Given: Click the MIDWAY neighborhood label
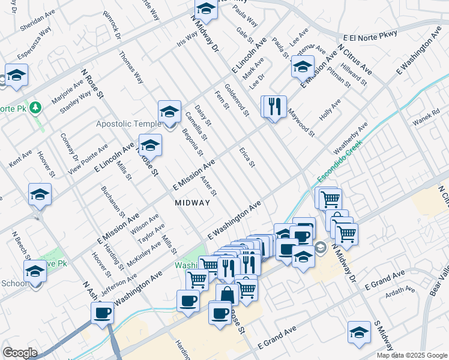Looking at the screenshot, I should (192, 203).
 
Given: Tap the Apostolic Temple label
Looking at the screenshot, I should (128, 124).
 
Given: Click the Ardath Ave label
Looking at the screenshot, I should (400, 292).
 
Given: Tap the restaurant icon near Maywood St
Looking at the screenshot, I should (274, 107).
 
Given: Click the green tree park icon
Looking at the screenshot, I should (37, 107).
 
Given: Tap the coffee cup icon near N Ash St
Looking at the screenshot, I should (102, 313).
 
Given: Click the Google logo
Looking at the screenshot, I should (20, 353).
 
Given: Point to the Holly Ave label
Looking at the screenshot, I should (330, 110).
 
